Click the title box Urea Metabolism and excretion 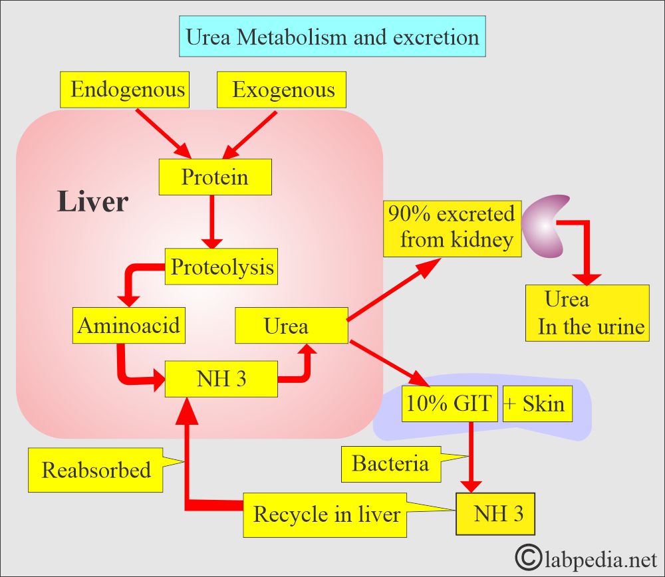[x=332, y=37]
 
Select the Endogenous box [x=125, y=90]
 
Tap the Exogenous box [x=281, y=90]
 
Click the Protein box [x=215, y=177]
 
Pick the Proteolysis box [x=221, y=267]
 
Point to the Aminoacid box [x=129, y=325]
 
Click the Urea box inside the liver [x=291, y=325]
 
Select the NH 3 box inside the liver [x=221, y=379]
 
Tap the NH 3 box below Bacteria [x=495, y=514]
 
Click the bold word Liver [x=92, y=201]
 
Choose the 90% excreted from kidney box [x=452, y=229]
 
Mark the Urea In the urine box [x=587, y=313]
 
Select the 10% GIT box [x=450, y=404]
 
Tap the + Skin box [x=537, y=404]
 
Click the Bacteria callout [x=391, y=464]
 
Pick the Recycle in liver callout [x=325, y=515]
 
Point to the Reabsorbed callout [x=96, y=470]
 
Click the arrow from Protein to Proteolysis [x=212, y=222]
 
